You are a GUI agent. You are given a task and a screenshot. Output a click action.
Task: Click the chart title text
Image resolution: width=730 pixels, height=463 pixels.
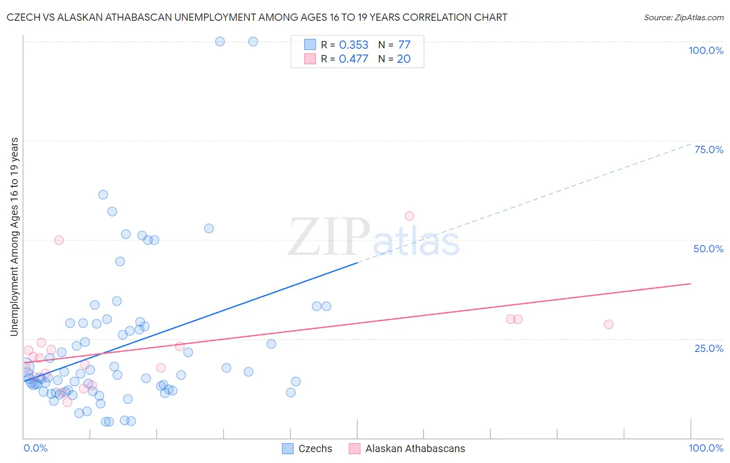[x=257, y=17]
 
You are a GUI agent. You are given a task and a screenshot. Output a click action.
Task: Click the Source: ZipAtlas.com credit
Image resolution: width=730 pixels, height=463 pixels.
[x=683, y=18]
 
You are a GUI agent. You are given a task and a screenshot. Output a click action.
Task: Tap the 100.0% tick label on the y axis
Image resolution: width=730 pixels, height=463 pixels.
[x=706, y=50]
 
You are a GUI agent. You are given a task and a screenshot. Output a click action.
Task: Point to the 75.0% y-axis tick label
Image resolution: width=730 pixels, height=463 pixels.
[x=709, y=149]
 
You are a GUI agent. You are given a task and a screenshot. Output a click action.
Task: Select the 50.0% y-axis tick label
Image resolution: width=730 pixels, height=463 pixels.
[x=708, y=249]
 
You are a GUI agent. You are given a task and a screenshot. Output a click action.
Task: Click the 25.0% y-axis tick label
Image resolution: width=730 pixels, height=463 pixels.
[x=709, y=348]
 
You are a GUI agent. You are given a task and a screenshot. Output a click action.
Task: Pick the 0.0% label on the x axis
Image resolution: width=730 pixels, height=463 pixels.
[x=35, y=448]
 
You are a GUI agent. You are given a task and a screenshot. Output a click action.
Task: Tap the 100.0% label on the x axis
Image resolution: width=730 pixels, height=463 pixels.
[x=706, y=448]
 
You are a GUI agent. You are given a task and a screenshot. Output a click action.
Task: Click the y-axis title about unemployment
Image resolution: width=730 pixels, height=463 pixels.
[x=14, y=237]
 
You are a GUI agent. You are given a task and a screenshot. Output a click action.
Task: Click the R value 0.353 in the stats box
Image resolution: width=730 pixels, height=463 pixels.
[x=354, y=45]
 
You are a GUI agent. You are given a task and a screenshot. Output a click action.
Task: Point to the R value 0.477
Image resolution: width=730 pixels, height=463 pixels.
[x=354, y=59]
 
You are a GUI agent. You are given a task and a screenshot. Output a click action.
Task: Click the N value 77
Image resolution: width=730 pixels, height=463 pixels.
[x=404, y=45]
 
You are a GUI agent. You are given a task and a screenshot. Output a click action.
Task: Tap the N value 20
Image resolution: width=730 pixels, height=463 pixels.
[x=404, y=59]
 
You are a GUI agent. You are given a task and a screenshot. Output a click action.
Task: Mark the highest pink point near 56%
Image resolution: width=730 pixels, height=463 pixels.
[x=409, y=216]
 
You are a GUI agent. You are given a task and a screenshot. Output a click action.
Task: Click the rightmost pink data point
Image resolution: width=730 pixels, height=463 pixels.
[x=609, y=324]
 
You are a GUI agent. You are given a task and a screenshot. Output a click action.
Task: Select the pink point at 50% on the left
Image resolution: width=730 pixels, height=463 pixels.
[x=59, y=240]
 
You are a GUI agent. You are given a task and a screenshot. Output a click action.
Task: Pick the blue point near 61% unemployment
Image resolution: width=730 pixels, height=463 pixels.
[x=103, y=195]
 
